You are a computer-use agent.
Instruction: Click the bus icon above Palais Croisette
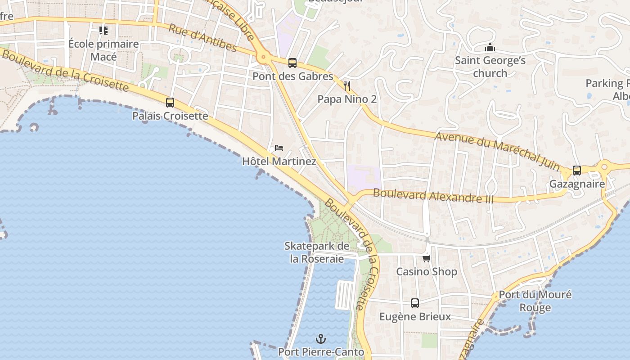coord(170,103)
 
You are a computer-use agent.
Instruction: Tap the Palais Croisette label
coord(170,116)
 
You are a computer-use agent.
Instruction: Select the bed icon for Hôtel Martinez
coord(279,148)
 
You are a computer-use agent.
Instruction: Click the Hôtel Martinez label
coord(279,161)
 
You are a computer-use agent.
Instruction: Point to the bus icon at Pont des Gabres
coord(292,63)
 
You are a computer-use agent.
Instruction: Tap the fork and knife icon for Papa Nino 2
coord(347,86)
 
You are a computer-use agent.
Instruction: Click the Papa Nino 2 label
coord(347,99)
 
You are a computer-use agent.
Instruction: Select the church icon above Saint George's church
coord(490,47)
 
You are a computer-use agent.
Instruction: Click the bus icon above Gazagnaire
coord(577,171)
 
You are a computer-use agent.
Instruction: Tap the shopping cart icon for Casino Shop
coord(427,258)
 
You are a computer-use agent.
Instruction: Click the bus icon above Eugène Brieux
coord(415,303)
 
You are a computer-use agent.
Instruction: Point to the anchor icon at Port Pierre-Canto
coord(321,339)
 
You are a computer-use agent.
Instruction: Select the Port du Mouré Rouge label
coord(535,301)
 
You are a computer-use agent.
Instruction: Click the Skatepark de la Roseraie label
coord(317,252)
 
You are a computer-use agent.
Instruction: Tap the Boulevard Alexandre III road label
coord(433,196)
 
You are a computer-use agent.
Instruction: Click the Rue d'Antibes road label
coord(202,38)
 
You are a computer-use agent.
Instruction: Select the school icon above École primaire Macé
coord(103,31)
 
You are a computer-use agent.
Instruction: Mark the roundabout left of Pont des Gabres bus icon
coord(263,58)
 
